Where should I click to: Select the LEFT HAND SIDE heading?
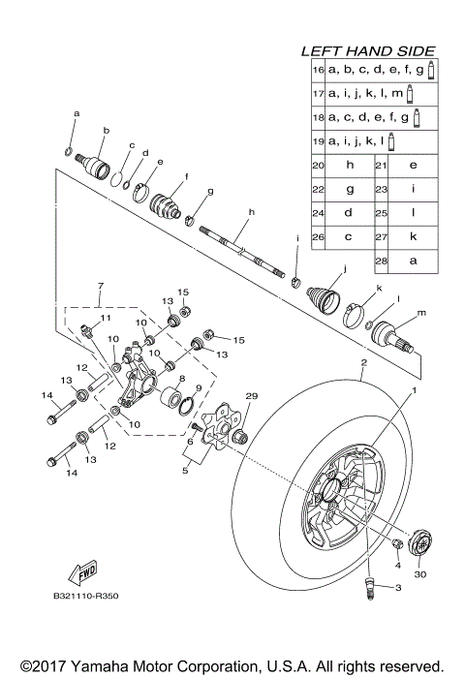tap(367, 51)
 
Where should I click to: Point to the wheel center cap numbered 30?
tap(423, 542)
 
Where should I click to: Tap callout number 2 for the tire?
tap(363, 362)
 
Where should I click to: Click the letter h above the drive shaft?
tap(250, 212)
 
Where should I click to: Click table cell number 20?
tap(317, 166)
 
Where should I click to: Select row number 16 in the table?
tap(317, 71)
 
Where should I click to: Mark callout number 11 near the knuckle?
tap(107, 319)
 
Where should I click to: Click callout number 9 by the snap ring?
tap(198, 387)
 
